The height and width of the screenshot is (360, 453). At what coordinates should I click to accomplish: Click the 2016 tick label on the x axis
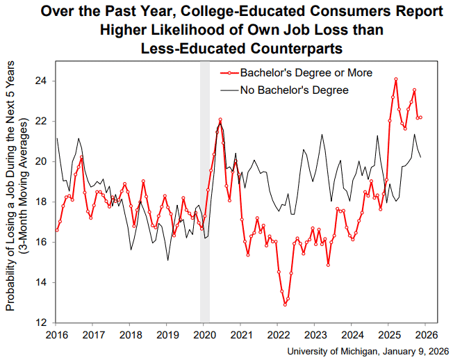56,334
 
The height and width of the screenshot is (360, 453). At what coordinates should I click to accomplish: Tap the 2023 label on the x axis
315,334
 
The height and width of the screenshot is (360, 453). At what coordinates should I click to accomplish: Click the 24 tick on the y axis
42,81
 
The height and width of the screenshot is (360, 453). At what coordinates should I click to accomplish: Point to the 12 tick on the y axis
42,323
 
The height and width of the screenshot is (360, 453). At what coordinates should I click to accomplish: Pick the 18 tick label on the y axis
42,202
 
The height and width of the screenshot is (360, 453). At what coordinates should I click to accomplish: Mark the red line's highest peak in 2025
395,79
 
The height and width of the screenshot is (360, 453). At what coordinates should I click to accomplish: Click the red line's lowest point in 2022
285,304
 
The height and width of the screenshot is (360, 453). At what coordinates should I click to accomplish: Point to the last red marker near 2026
420,117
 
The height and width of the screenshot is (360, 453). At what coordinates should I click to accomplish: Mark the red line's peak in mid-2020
220,120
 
